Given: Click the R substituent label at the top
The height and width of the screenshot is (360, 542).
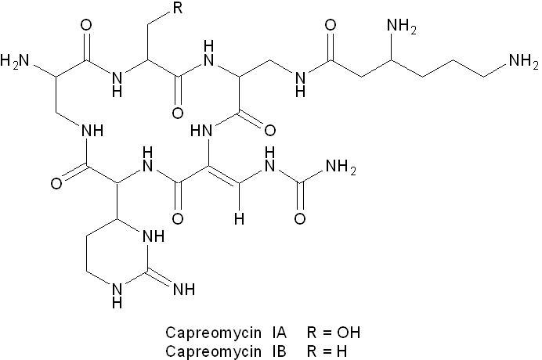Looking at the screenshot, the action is coord(178,8).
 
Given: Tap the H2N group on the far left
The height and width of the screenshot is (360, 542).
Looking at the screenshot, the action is coord(15,60).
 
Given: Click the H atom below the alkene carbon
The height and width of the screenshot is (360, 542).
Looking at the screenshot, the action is coord(239,218).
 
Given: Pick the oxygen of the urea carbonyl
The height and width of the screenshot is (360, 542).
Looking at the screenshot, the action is coord(300,218).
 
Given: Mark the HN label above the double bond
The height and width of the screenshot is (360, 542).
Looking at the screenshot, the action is coord(201,131).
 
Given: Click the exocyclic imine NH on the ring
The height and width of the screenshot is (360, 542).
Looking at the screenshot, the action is coord(184,289).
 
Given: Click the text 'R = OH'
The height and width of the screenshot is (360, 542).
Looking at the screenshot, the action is coord(333,333).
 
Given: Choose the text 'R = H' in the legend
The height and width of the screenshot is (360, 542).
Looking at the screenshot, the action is coord(327,351).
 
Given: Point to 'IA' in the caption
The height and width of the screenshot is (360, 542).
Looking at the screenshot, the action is coord(279,333).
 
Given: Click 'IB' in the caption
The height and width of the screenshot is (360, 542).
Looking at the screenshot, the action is coord(279,351).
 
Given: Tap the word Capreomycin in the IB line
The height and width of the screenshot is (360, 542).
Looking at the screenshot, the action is coord(213,351).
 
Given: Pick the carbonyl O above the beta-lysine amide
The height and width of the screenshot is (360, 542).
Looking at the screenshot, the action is coord(331,25).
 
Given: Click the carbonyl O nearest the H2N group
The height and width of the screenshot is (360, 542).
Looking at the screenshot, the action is coord(86,25).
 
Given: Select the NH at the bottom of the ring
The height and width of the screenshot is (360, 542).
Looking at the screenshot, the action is coord(117,295).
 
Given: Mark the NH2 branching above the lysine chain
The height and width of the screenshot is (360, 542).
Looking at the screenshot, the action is coord(401,26).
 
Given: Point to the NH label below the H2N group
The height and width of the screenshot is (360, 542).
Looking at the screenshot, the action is coord(92,131).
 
